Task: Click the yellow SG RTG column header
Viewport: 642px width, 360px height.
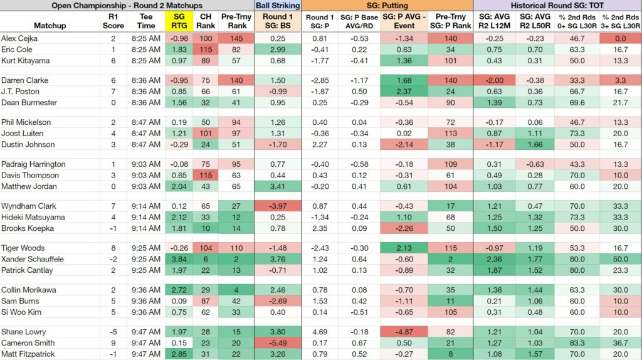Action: click(x=179, y=21)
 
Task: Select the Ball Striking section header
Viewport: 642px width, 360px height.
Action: click(x=278, y=5)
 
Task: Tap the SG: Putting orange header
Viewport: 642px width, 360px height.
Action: click(x=387, y=5)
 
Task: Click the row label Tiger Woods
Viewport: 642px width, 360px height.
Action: click(x=23, y=248)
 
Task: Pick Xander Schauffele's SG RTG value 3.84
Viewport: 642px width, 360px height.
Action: click(x=179, y=259)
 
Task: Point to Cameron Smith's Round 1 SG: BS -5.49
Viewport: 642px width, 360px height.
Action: click(x=278, y=343)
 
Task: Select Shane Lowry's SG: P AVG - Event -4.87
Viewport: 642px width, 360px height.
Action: click(x=404, y=332)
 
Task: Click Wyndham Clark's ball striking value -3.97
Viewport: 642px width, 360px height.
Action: click(x=278, y=206)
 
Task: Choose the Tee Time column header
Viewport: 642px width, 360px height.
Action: click(x=145, y=21)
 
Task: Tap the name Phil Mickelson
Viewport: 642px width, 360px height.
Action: click(x=26, y=122)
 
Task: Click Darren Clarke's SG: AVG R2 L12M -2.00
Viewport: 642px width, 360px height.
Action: click(x=494, y=80)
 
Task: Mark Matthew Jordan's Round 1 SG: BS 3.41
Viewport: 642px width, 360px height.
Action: click(x=278, y=186)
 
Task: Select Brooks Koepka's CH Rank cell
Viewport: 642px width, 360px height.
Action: click(x=206, y=228)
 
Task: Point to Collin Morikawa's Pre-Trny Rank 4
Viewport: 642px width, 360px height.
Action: click(x=236, y=290)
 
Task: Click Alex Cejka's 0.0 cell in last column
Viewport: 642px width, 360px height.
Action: click(x=620, y=38)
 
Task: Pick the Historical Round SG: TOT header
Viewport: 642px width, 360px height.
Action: click(x=557, y=5)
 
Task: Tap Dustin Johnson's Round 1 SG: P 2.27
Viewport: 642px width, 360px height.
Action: click(x=320, y=144)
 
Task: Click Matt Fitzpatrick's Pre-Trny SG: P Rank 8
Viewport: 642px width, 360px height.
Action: click(x=450, y=354)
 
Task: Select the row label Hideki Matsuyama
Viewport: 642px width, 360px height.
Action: click(x=33, y=217)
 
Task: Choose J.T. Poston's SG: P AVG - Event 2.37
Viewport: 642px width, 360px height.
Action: click(x=404, y=92)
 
